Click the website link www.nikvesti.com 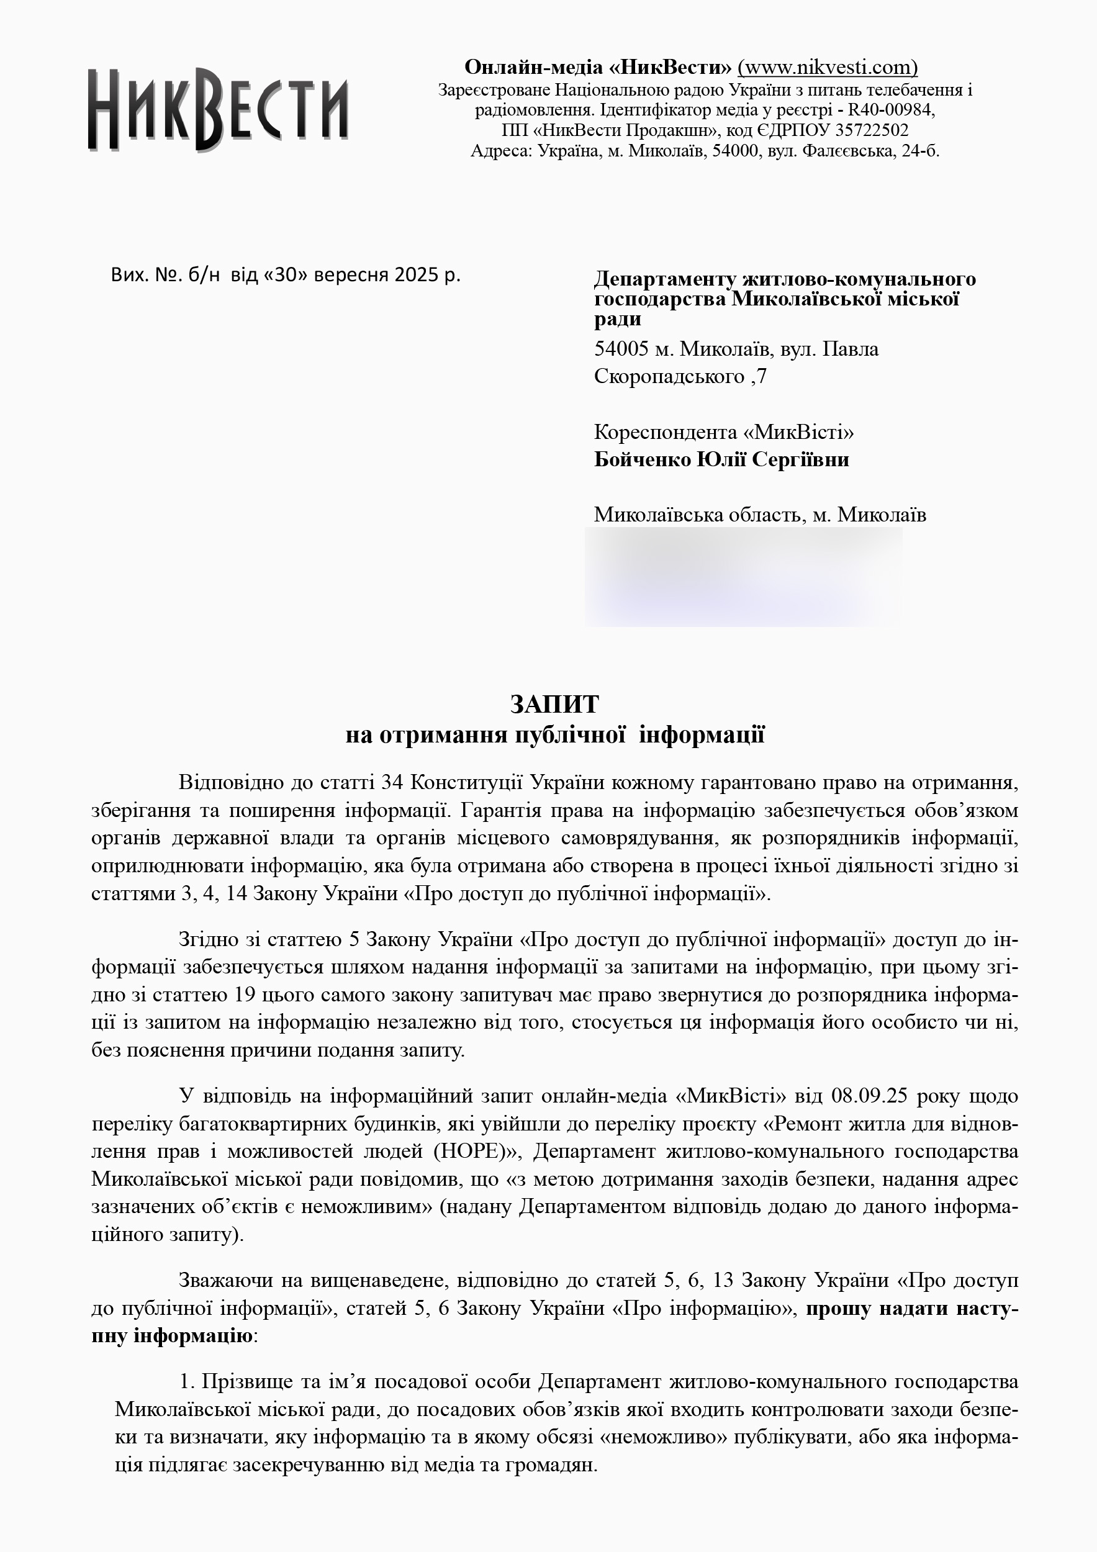[x=828, y=67]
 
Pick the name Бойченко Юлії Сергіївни [x=721, y=459]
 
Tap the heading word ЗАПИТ [x=554, y=705]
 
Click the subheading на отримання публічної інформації [x=554, y=735]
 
